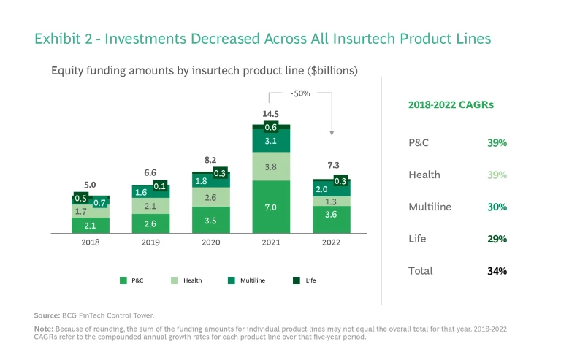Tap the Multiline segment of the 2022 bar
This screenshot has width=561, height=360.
pyautogui.click(x=331, y=188)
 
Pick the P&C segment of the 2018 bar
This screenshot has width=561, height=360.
pyautogui.click(x=91, y=225)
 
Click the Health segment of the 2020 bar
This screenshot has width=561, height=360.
pyautogui.click(x=211, y=197)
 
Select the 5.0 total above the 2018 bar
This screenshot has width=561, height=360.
pyautogui.click(x=90, y=185)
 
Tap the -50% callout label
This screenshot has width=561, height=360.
pyautogui.click(x=299, y=94)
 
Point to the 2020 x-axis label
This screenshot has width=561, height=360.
pyautogui.click(x=211, y=242)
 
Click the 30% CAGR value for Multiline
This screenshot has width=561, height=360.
pyautogui.click(x=497, y=207)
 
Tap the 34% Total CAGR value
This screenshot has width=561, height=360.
pyautogui.click(x=497, y=271)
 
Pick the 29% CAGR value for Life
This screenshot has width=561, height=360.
pyautogui.click(x=497, y=239)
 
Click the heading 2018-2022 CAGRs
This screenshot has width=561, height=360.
pyautogui.click(x=450, y=104)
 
